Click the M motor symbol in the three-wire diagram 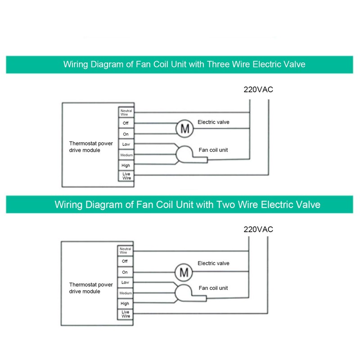tap(184, 129)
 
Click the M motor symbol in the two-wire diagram tap(184, 272)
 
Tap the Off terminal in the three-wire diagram tap(125, 123)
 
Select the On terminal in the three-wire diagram tap(125, 134)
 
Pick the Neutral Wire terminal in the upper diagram tap(125, 112)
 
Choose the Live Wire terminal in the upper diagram tap(125, 175)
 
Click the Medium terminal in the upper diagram tap(125, 155)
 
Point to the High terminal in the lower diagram tap(125, 304)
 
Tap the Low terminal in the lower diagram tap(125, 283)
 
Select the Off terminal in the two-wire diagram tap(125, 261)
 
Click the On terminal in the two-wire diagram tap(125, 272)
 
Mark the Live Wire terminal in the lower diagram tap(125, 314)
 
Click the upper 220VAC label tap(258, 90)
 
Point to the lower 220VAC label tap(258, 229)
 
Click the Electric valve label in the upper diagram tap(213, 122)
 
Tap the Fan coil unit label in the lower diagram tap(213, 288)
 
